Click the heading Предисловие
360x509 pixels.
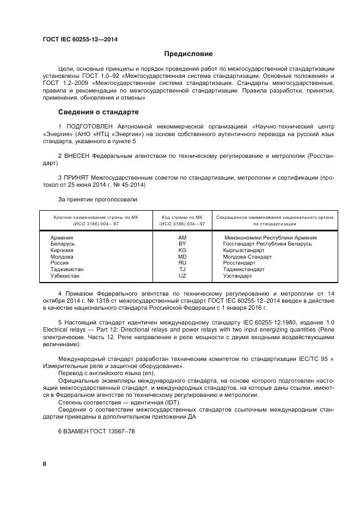pos(188,54)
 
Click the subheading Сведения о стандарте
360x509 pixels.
pos(99,112)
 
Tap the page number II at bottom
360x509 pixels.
pos(45,463)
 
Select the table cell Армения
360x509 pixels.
pos(62,238)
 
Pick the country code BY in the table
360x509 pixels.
pos(182,244)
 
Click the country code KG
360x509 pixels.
pos(182,250)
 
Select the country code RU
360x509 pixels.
pos(182,263)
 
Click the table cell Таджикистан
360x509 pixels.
pos(68,269)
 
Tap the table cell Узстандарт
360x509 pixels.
pos(237,276)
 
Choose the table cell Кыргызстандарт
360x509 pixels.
pos(243,250)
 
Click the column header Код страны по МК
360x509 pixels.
pos(182,217)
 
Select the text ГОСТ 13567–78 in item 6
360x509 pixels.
pos(114,431)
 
